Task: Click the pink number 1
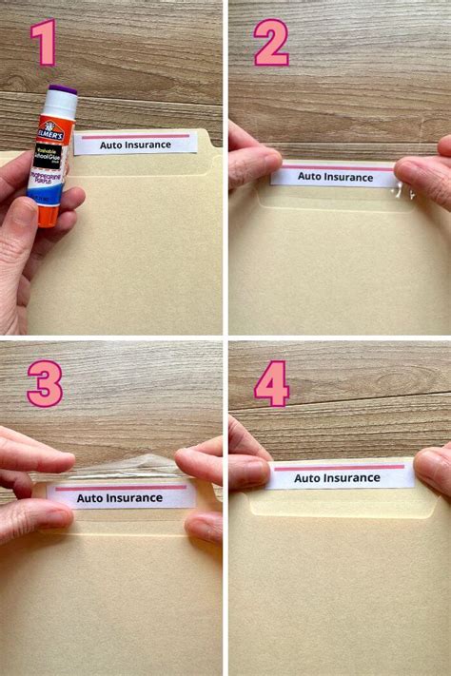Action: click(x=44, y=44)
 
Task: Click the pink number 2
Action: click(x=270, y=43)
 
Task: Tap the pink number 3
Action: click(x=44, y=383)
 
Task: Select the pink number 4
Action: click(x=272, y=386)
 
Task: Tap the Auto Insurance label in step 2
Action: click(x=332, y=176)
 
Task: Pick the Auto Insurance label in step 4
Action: click(x=339, y=475)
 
